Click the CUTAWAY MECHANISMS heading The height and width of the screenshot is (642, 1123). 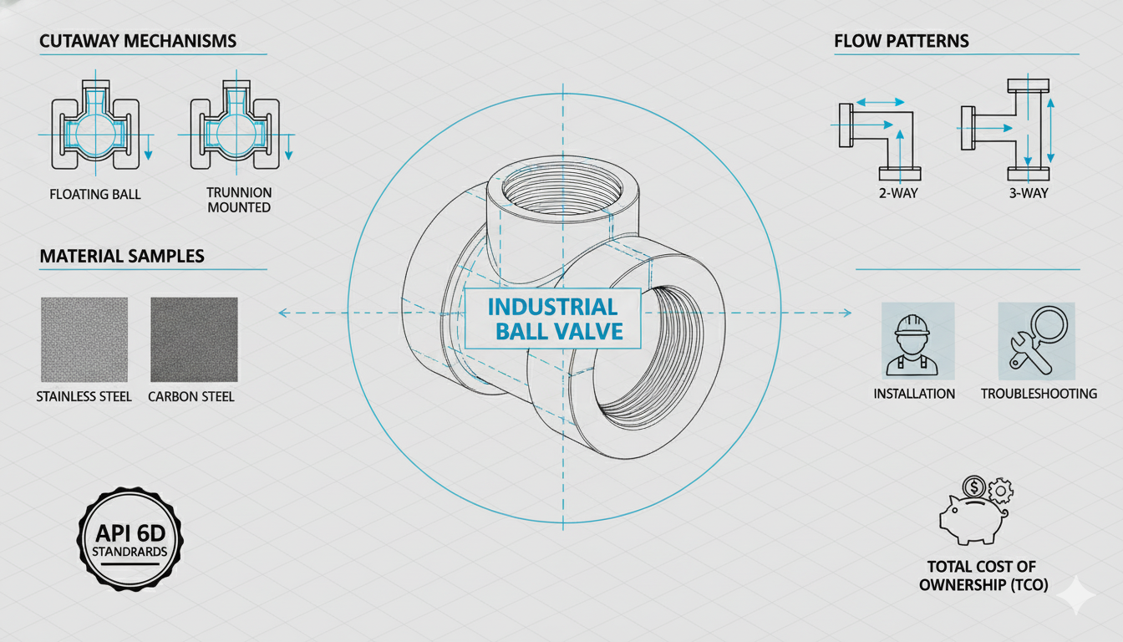[138, 41]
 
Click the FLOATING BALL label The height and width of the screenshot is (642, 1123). [95, 195]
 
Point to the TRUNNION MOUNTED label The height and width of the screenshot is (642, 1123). [239, 200]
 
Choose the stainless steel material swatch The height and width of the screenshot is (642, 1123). [84, 339]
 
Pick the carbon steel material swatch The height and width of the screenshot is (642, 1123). [194, 339]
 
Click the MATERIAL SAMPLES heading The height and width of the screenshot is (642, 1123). [122, 256]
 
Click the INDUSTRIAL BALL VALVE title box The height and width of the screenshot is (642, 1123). [552, 318]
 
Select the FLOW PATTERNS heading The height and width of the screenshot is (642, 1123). [902, 41]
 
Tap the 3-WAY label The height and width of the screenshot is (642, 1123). [1028, 194]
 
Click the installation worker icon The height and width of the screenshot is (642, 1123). [917, 342]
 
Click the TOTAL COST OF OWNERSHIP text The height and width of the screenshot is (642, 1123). [983, 576]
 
